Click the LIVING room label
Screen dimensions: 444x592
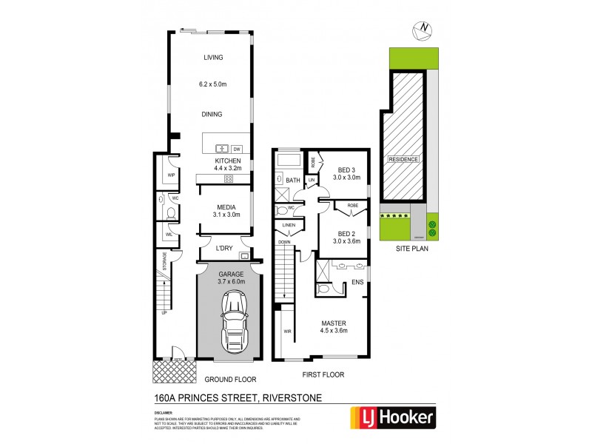[x=214, y=58]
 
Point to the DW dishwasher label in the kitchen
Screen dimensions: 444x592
[x=237, y=148]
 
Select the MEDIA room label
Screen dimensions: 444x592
[x=226, y=208]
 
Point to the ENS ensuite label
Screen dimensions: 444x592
[x=357, y=282]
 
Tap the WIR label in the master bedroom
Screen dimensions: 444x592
[x=286, y=332]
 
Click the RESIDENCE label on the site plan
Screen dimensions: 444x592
[x=403, y=159]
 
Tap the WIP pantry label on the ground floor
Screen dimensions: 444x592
[x=170, y=175]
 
